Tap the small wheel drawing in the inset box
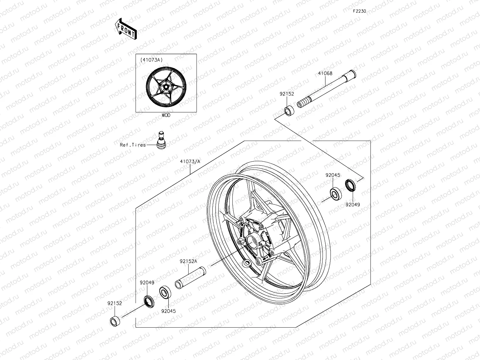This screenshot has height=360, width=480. (x=166, y=86)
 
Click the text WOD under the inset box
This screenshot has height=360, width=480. (x=166, y=115)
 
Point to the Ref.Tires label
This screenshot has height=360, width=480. (x=133, y=145)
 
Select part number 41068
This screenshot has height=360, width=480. (x=325, y=73)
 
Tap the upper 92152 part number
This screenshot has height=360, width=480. (x=287, y=94)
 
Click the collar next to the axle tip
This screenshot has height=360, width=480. (x=289, y=111)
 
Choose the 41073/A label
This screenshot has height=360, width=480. (x=190, y=161)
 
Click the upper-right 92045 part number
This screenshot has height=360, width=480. (x=332, y=175)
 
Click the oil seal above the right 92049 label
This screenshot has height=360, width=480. (x=350, y=185)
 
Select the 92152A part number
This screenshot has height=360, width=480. (x=188, y=261)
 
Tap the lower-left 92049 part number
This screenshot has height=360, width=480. (x=147, y=282)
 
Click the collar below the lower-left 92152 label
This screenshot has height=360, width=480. (x=115, y=321)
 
